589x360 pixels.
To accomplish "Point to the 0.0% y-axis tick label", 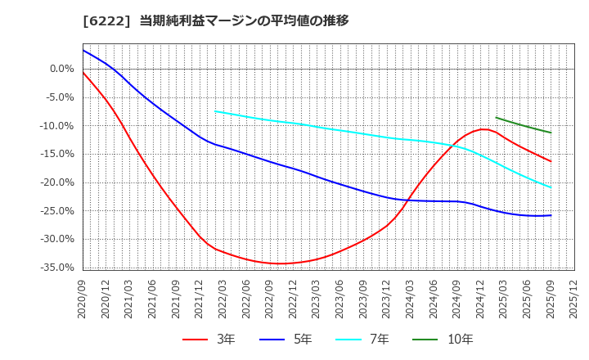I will click(61, 69).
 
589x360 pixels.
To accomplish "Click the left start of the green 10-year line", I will click(497, 118).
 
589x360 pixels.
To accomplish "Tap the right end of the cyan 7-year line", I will click(551, 187).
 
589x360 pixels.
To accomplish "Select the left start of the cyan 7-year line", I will click(215, 111).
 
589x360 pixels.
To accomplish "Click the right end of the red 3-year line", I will click(551, 161).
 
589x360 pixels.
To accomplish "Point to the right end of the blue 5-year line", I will click(551, 215).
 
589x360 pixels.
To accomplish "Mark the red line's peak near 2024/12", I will click(484, 129).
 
